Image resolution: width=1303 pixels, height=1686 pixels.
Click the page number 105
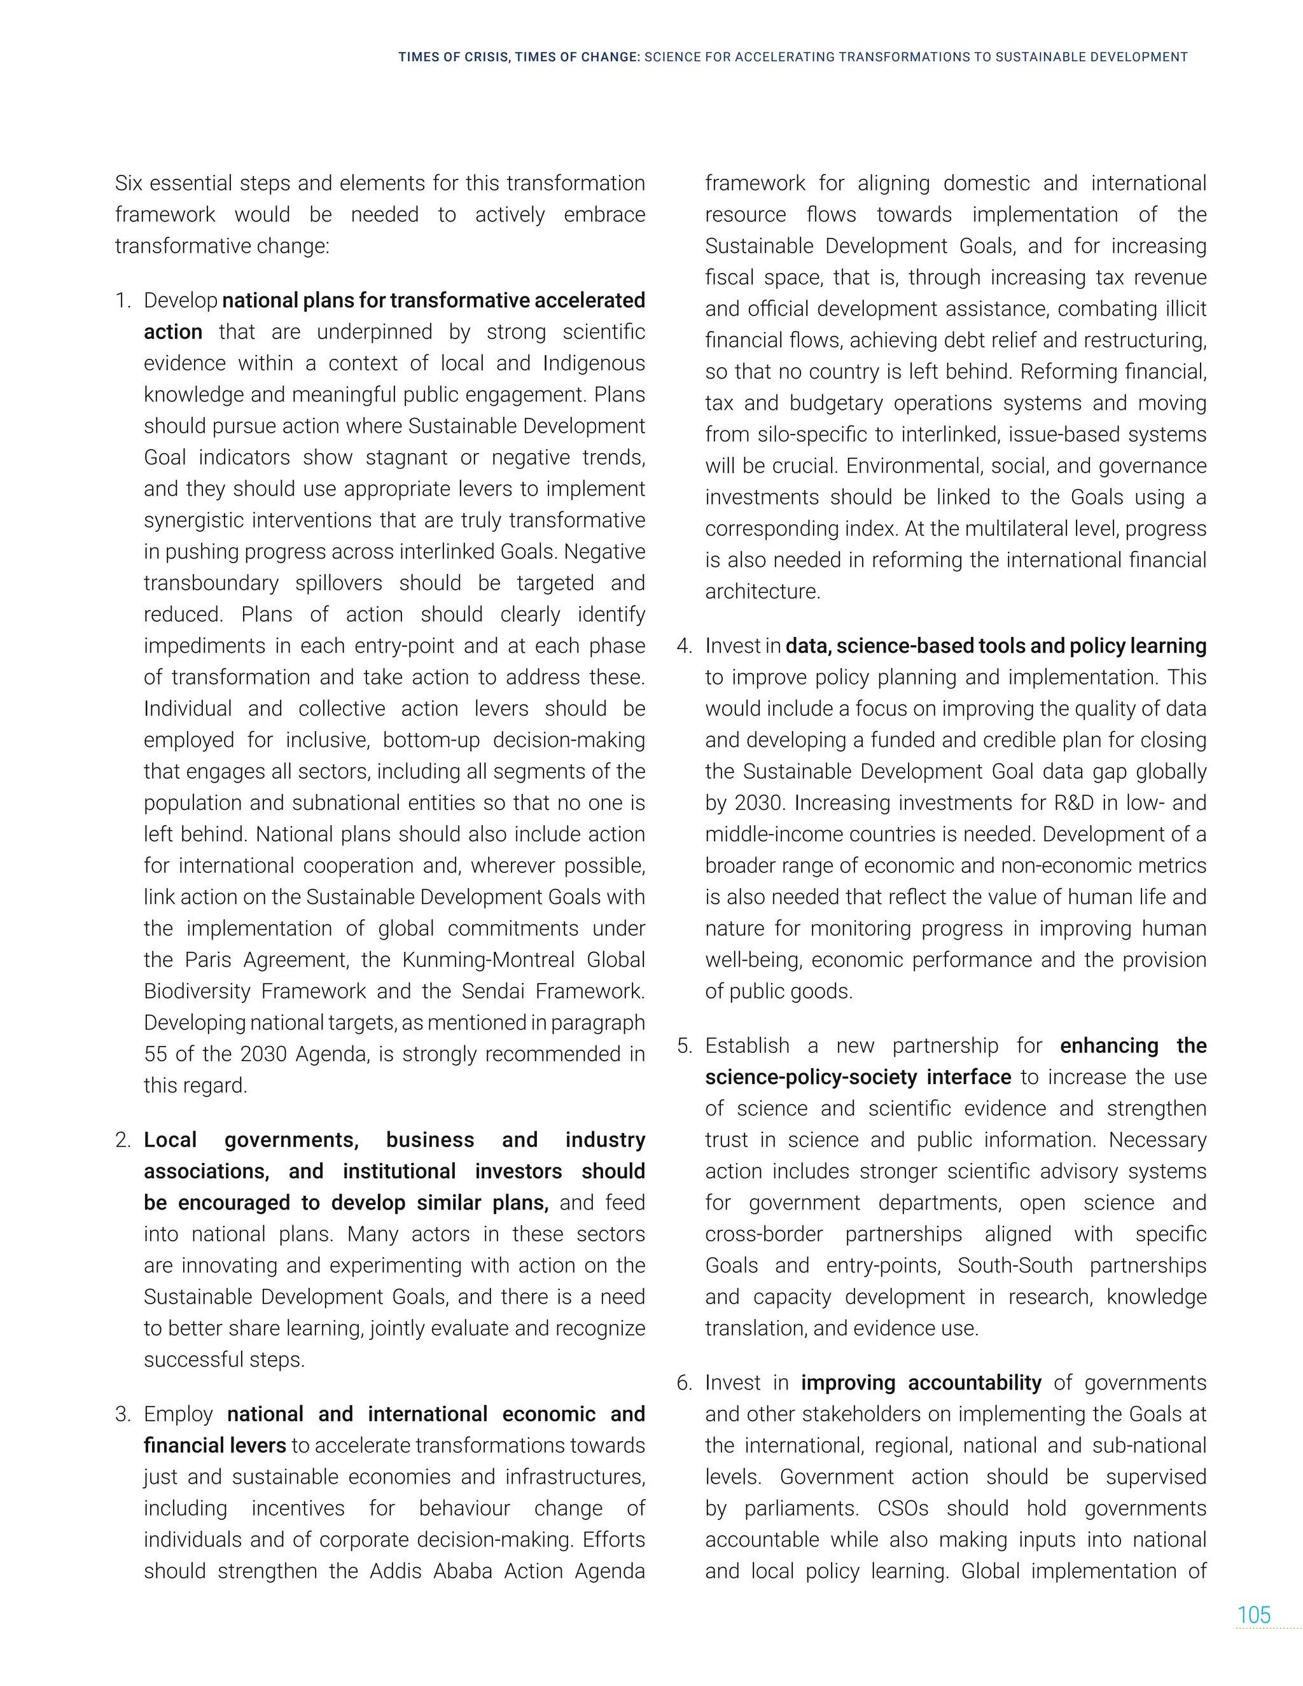point(1253,1615)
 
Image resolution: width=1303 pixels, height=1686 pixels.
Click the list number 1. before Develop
point(123,300)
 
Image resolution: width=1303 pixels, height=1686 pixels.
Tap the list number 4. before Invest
point(685,646)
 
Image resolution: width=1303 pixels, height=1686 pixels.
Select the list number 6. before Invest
point(685,1383)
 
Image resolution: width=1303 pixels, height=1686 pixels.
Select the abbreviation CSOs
point(902,1508)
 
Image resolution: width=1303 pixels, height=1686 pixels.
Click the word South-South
point(1014,1265)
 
